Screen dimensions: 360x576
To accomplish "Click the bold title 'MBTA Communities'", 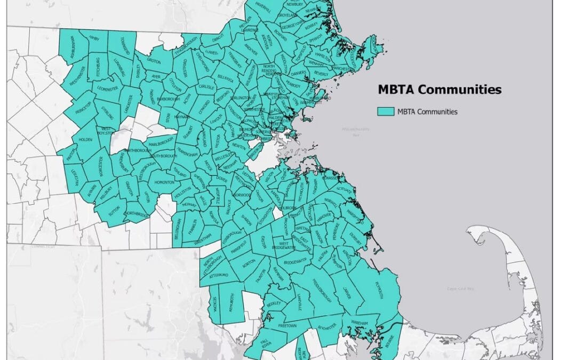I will [x=439, y=90].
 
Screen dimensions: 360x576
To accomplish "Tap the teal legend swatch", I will [x=385, y=111].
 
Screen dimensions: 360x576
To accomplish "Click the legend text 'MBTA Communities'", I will [x=426, y=111].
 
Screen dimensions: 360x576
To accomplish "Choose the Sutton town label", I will [x=114, y=212].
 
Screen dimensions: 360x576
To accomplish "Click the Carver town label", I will [x=348, y=293].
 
